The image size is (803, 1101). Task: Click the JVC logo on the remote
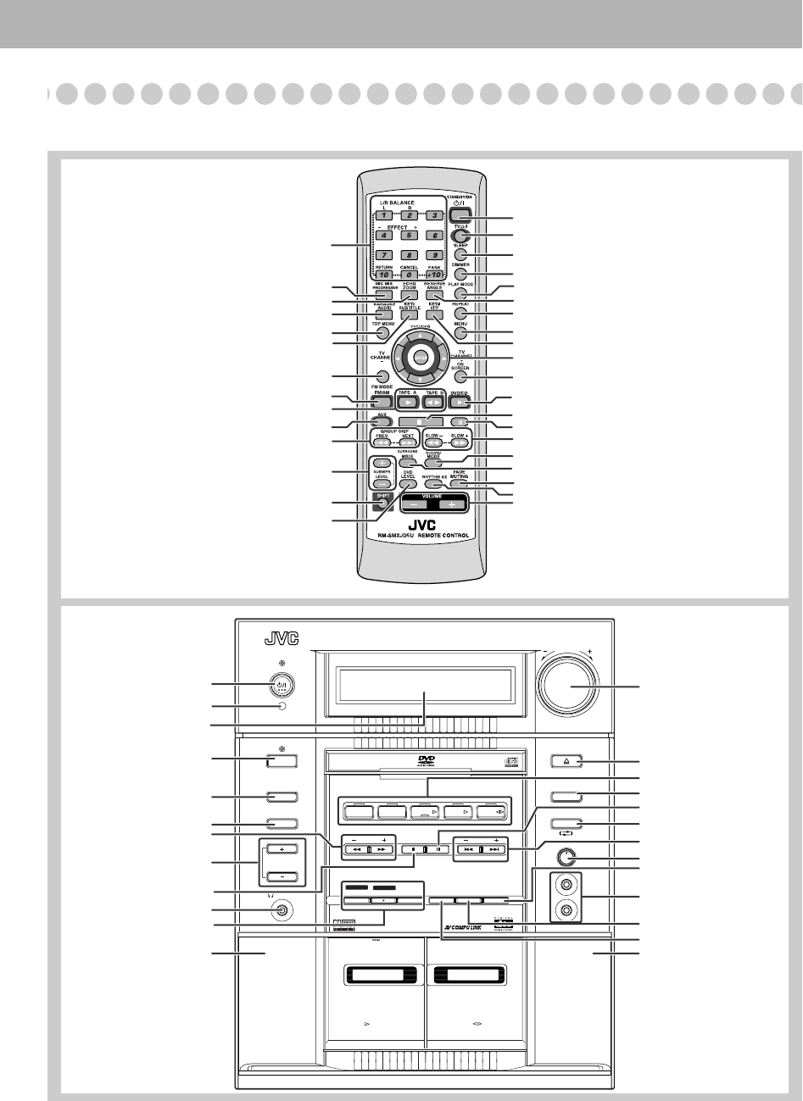click(421, 524)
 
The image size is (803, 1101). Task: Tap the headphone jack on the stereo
click(281, 911)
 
